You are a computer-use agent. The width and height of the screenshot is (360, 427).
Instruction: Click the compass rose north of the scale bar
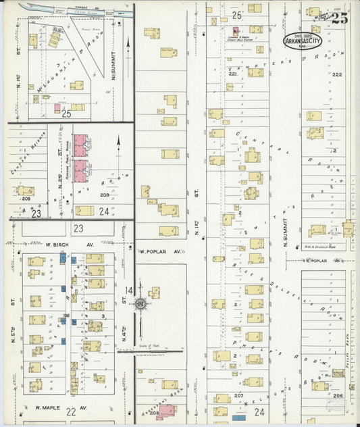click(x=140, y=304)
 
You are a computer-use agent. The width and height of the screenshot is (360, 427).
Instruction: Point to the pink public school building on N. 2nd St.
click(x=80, y=159)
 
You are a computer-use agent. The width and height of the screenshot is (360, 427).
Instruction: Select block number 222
click(x=337, y=74)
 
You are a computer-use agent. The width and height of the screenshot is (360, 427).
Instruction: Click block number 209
click(x=26, y=199)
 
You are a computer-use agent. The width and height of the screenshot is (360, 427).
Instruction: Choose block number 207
click(x=238, y=395)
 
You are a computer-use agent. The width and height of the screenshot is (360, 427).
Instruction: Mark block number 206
click(x=337, y=396)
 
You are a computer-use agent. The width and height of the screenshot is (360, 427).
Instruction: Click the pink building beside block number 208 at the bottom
click(x=166, y=409)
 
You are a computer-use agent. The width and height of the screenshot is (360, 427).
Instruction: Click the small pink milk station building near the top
click(x=236, y=30)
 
